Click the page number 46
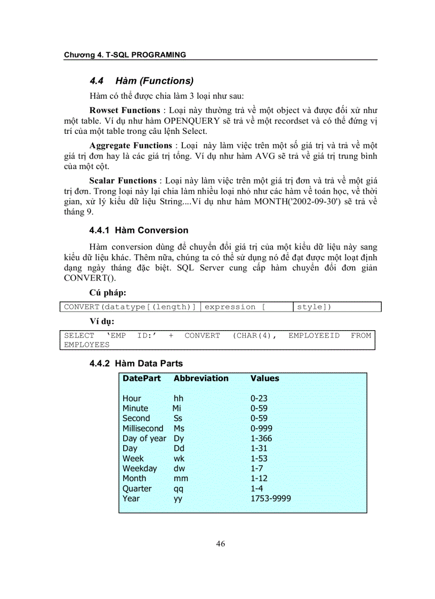[x=221, y=544]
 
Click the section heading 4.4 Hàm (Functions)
[x=141, y=81]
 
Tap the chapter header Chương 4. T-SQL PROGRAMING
[x=125, y=54]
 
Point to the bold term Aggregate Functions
[x=131, y=146]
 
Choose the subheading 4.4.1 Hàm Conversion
[x=139, y=230]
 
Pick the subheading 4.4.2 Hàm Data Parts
[x=136, y=363]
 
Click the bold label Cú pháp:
[x=108, y=293]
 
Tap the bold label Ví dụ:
[x=102, y=322]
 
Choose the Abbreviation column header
[x=201, y=378]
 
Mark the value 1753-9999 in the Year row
[x=271, y=499]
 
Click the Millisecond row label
[x=143, y=428]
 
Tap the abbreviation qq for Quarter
[x=179, y=489]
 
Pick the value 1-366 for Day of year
[x=261, y=438]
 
